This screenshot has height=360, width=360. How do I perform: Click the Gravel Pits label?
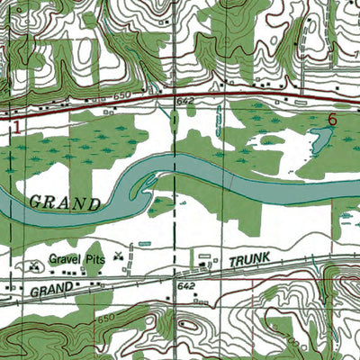click(77, 258)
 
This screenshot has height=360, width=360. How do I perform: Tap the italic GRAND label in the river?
click(65, 202)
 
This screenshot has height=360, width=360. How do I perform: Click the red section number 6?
click(332, 119)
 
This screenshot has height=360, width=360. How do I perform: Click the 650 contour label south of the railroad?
click(106, 319)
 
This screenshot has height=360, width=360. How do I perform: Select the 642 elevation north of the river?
click(185, 103)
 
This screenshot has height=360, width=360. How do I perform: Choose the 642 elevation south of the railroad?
click(186, 285)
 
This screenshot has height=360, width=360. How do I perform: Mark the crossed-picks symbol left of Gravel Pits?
click(34, 265)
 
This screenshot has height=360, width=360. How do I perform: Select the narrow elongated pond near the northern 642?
click(219, 118)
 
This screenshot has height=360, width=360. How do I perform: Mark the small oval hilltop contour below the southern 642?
click(190, 325)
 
